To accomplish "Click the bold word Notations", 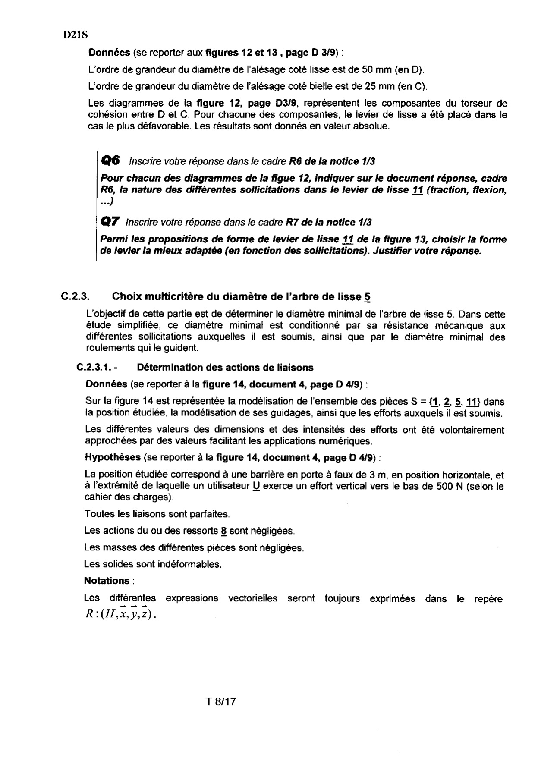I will [x=107, y=581].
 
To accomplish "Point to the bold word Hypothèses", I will [x=113, y=457].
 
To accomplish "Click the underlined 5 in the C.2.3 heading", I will [x=367, y=297].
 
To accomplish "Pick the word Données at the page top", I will [x=109, y=53].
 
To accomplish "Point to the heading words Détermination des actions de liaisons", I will [x=225, y=368].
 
